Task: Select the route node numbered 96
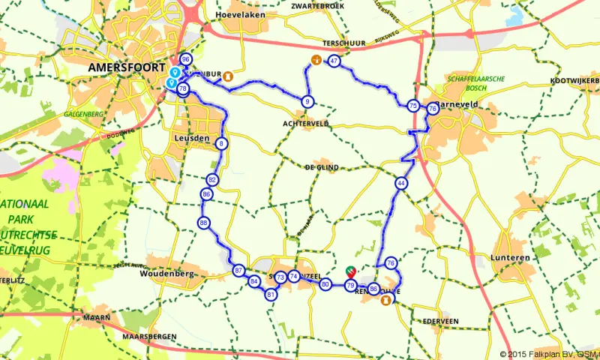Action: click(x=185, y=59)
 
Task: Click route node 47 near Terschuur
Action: click(x=334, y=61)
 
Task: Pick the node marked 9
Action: click(x=307, y=101)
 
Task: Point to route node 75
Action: click(x=413, y=106)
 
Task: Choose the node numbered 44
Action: click(x=402, y=183)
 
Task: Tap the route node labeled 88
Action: click(x=204, y=223)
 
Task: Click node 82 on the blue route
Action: click(x=212, y=180)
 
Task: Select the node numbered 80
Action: click(x=325, y=285)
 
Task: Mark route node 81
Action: click(x=271, y=295)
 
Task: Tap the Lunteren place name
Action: click(x=513, y=257)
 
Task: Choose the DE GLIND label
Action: click(x=322, y=167)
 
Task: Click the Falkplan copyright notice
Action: click(x=550, y=354)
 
